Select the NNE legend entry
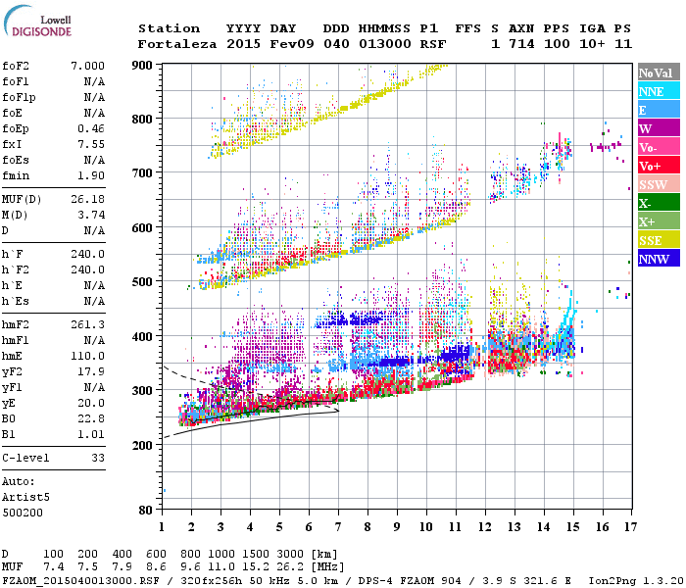(x=652, y=91)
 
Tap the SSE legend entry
(x=652, y=240)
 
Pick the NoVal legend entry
(x=654, y=73)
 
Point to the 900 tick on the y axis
(x=142, y=65)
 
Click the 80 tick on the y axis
(x=145, y=511)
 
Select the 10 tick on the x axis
(x=425, y=527)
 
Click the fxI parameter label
(x=12, y=141)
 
